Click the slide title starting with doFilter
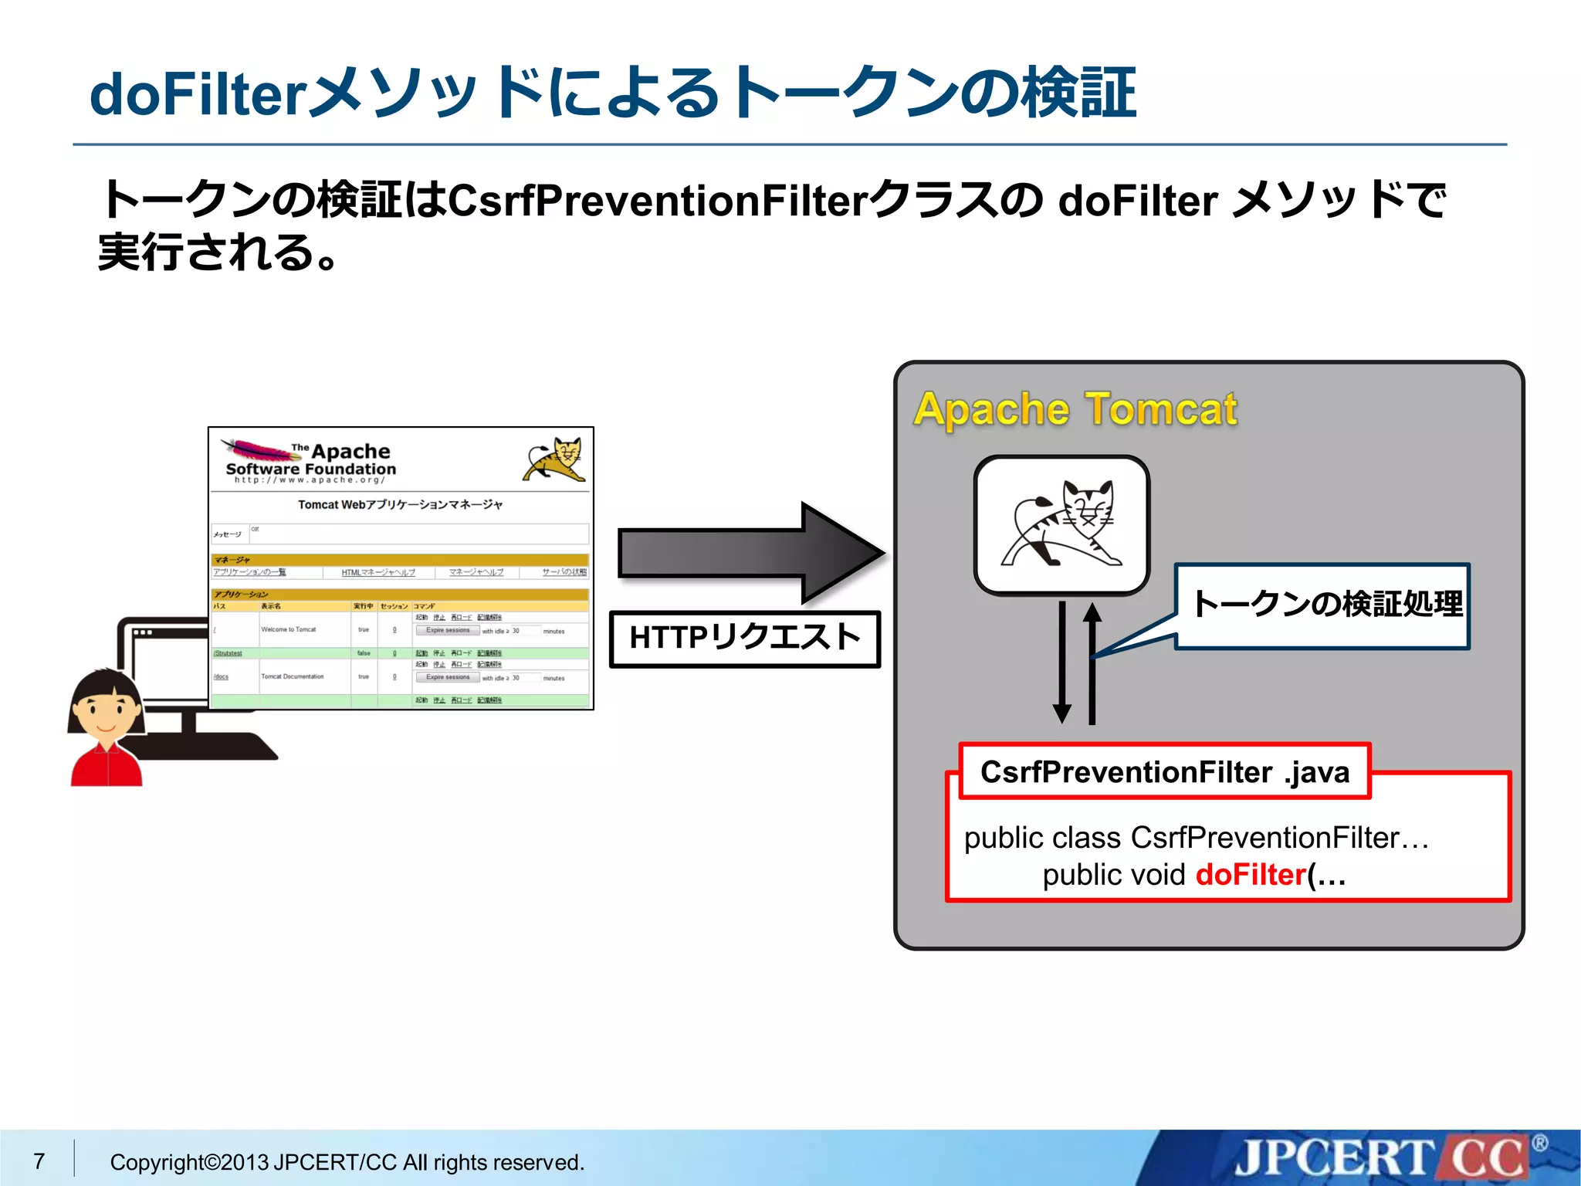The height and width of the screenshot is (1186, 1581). [612, 93]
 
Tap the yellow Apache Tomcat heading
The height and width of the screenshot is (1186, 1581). [1075, 409]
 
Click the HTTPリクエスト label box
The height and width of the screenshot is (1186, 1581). [744, 639]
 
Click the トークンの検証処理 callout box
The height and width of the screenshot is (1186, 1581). [1322, 605]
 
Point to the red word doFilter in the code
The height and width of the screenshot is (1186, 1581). [1250, 875]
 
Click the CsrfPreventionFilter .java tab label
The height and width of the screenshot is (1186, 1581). [1164, 772]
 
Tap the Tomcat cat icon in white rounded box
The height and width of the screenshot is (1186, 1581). [1061, 525]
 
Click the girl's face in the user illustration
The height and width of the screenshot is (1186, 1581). [106, 709]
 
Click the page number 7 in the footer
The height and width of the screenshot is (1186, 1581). [39, 1161]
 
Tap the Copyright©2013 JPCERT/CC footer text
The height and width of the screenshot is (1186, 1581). [347, 1162]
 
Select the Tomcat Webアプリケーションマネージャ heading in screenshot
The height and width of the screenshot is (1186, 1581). [400, 505]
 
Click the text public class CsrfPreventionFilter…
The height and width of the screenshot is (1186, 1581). [1196, 838]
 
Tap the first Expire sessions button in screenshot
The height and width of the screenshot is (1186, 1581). [448, 630]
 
